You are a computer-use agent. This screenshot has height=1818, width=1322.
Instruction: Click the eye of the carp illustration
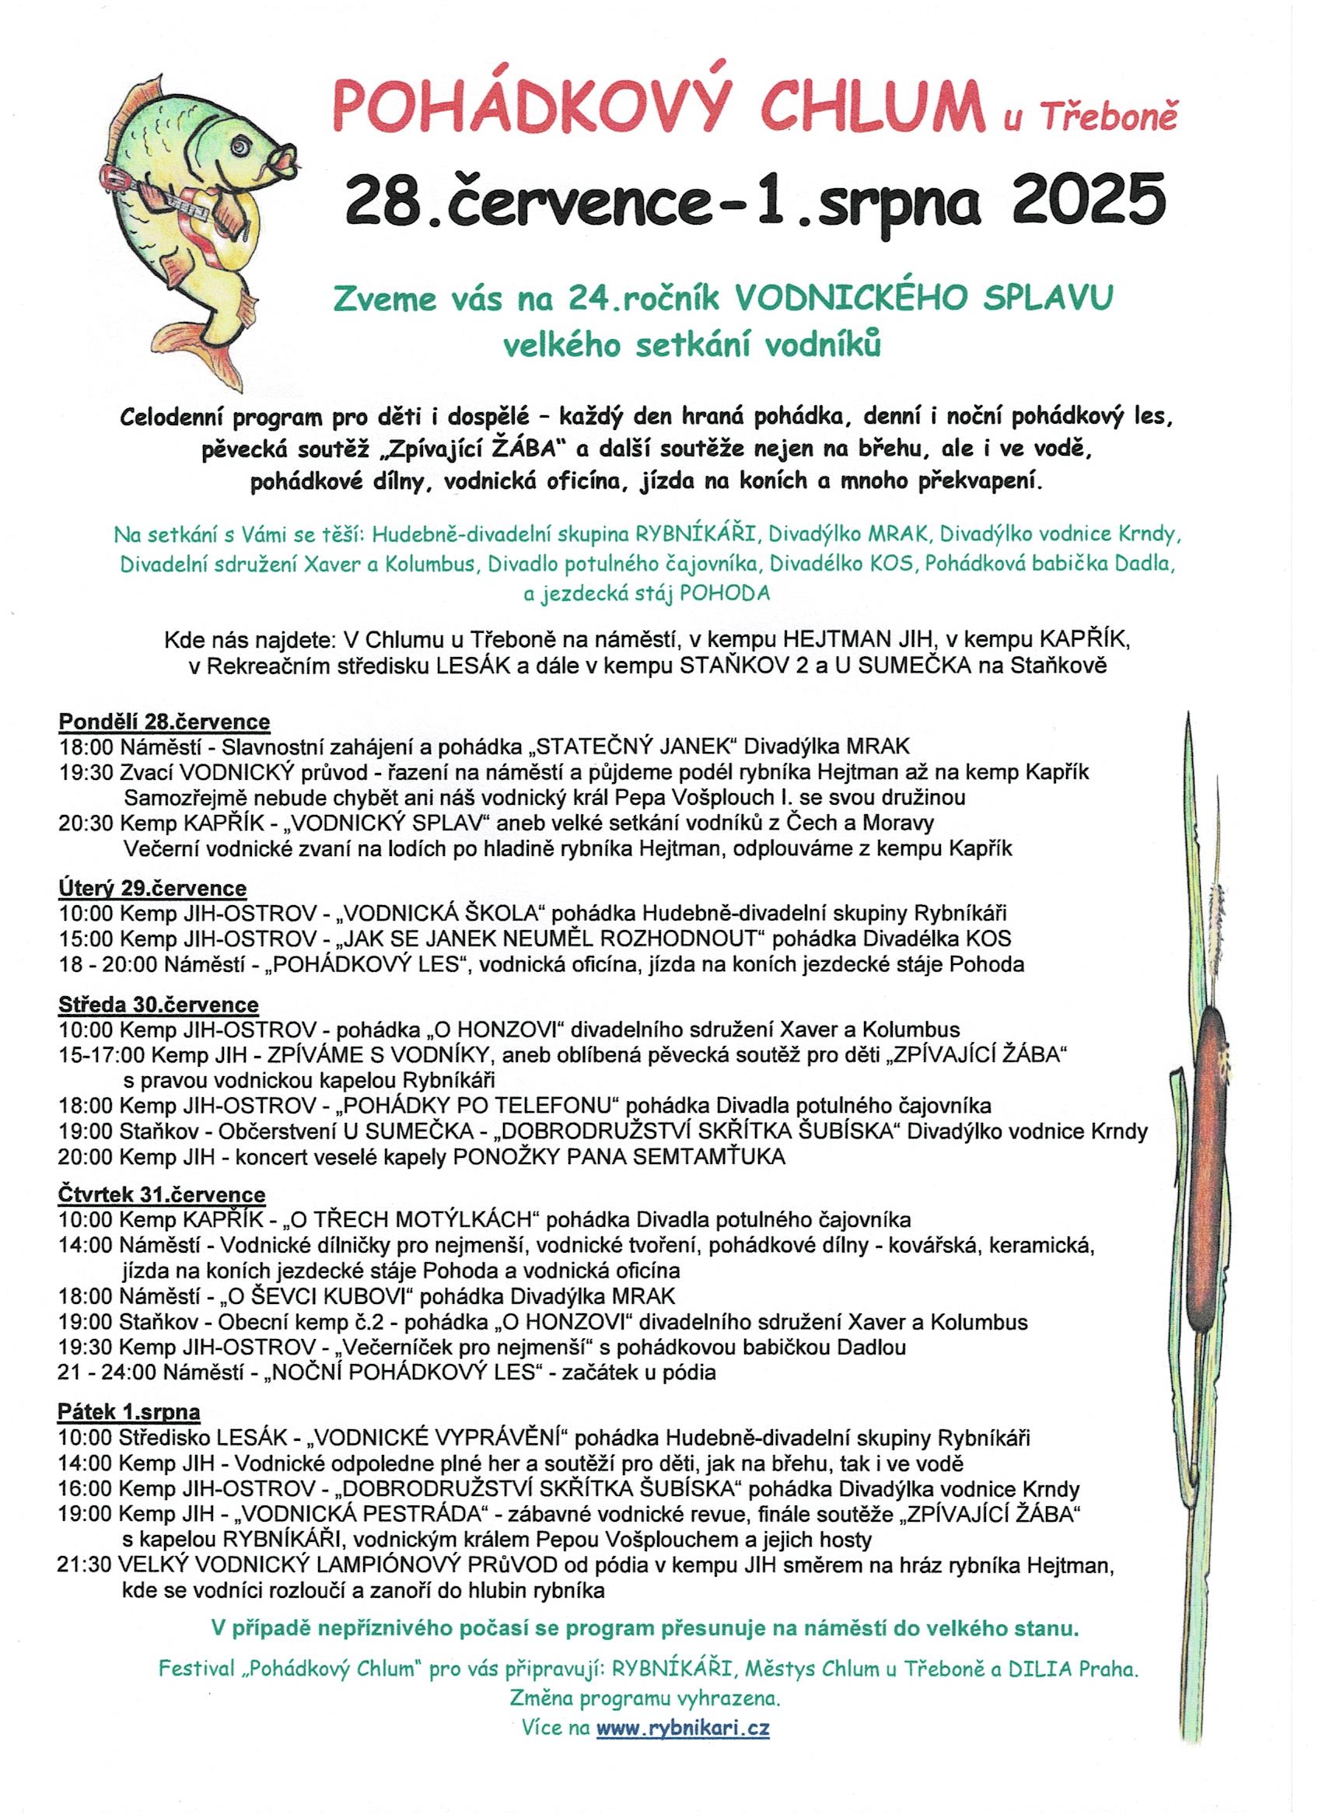pos(240,146)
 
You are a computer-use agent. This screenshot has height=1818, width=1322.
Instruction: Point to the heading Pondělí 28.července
pos(164,722)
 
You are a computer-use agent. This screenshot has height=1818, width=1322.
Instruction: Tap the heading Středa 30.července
pos(158,1005)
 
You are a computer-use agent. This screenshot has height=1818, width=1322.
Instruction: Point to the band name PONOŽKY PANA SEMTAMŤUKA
pos(619,1157)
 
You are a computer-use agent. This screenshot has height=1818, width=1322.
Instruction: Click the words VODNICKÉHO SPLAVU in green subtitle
pos(925,298)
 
